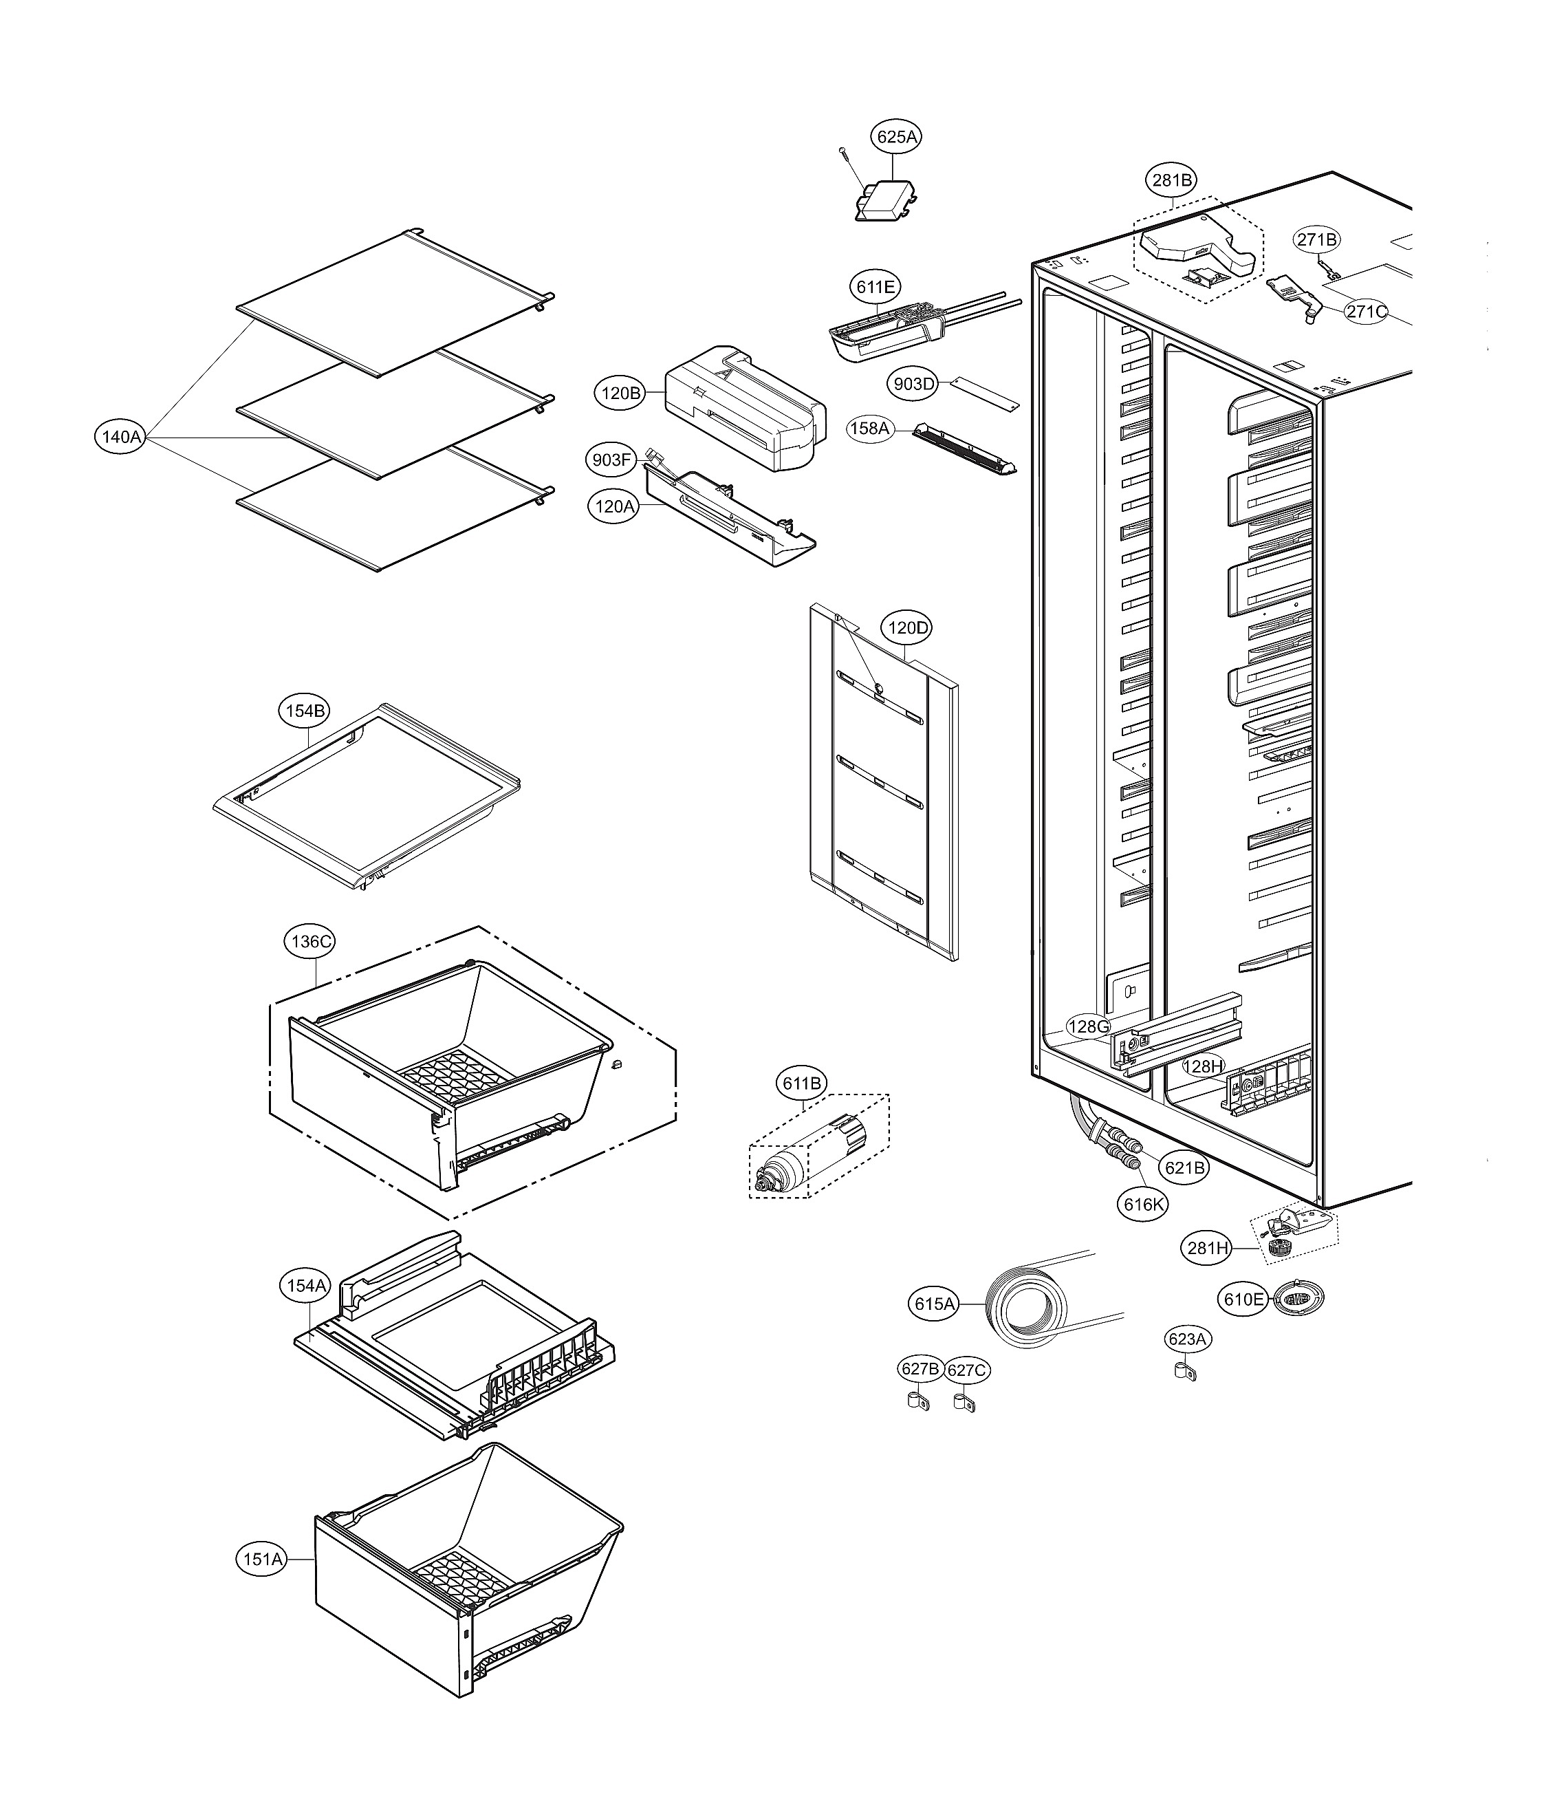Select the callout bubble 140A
pyautogui.click(x=120, y=436)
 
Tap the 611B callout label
pyautogui.click(x=802, y=1084)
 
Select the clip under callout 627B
pyautogui.click(x=914, y=1402)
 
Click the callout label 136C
pyautogui.click(x=311, y=942)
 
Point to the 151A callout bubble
pyautogui.click(x=263, y=1559)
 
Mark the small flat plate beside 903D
pyautogui.click(x=985, y=391)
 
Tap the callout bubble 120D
pyautogui.click(x=908, y=627)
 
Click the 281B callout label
pyautogui.click(x=1171, y=181)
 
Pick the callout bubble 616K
pyautogui.click(x=1143, y=1204)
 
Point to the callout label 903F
pyautogui.click(x=611, y=460)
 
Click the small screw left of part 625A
pyautogui.click(x=844, y=153)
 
